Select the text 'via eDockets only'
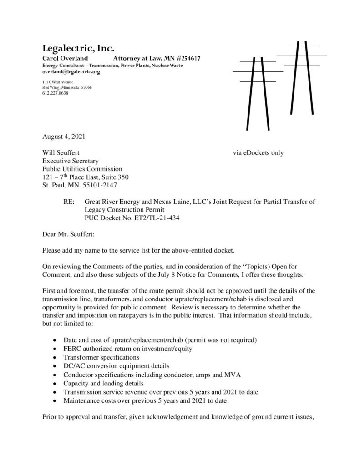click(258, 153)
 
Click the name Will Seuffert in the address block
click(61, 153)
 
